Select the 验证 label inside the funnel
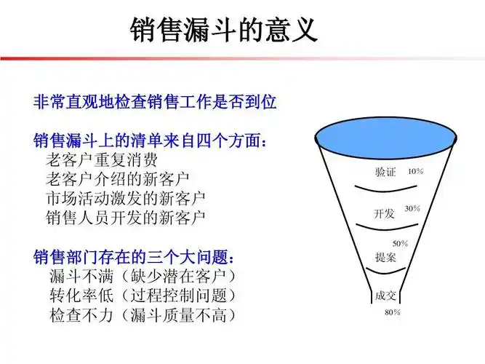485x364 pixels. pyautogui.click(x=385, y=173)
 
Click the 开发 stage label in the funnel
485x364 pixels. pyautogui.click(x=384, y=213)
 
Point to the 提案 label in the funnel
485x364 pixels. pyautogui.click(x=385, y=256)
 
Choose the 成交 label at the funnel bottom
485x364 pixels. pyautogui.click(x=385, y=296)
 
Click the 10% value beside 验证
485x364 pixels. pyautogui.click(x=415, y=172)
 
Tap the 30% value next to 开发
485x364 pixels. pyautogui.click(x=412, y=209)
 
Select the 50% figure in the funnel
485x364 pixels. pyautogui.click(x=401, y=243)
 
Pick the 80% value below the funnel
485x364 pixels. pyautogui.click(x=393, y=312)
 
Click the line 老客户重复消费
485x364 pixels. pyautogui.click(x=101, y=159)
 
